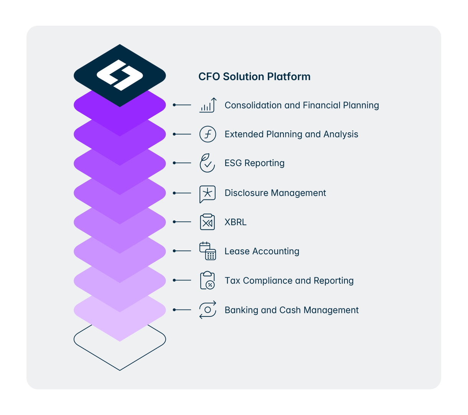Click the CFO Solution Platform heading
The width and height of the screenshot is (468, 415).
(x=254, y=77)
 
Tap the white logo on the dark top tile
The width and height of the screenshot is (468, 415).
(x=120, y=75)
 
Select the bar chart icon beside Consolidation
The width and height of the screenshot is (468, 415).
(x=208, y=105)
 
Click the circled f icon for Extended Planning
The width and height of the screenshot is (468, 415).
(x=208, y=134)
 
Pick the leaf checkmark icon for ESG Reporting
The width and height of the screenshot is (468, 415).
(x=207, y=163)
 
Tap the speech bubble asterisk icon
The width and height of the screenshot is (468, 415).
(x=208, y=193)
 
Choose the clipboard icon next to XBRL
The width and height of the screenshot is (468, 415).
(x=208, y=222)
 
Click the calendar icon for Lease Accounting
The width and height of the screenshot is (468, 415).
(x=208, y=251)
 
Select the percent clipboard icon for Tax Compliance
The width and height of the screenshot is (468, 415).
(x=208, y=280)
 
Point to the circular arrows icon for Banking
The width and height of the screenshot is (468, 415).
(x=208, y=310)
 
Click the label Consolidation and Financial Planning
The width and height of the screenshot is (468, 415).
(x=302, y=105)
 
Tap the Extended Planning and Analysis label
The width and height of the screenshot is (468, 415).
(x=291, y=134)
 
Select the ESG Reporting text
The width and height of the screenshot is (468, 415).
(x=254, y=163)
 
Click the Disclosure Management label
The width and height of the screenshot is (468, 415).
(x=275, y=193)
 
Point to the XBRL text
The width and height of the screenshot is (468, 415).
(x=236, y=222)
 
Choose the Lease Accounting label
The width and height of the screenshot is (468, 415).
(x=262, y=251)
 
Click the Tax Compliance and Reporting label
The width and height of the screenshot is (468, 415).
(x=289, y=280)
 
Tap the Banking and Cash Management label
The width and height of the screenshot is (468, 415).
(x=292, y=310)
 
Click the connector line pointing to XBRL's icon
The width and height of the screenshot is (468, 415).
(x=183, y=222)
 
